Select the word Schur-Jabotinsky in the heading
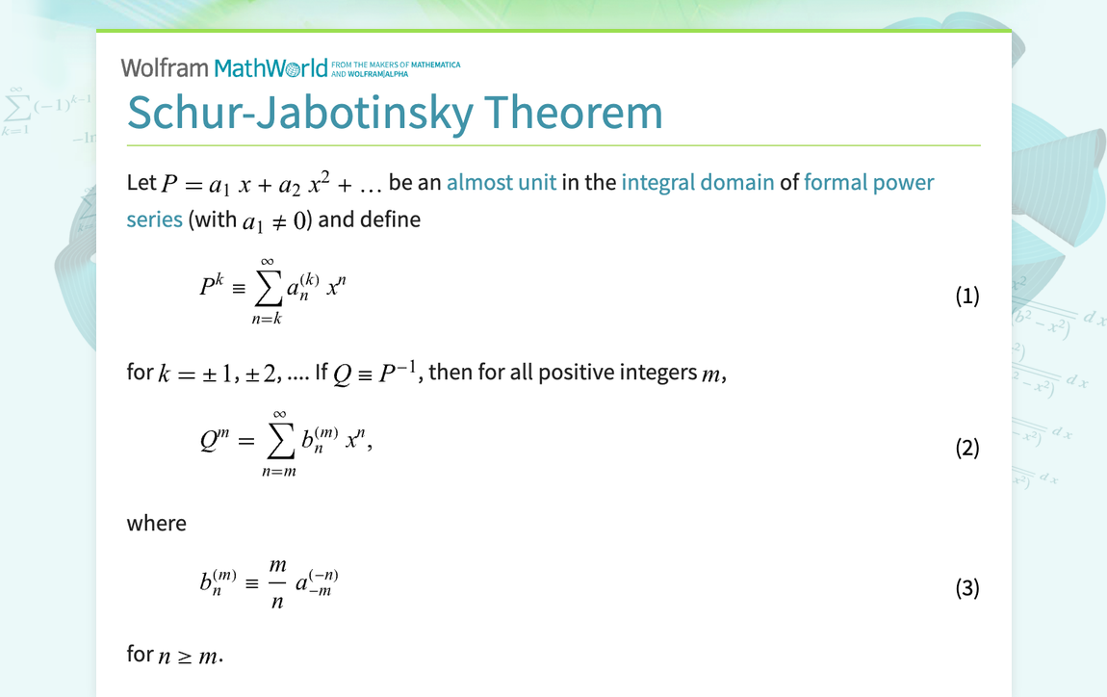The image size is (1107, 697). click(299, 113)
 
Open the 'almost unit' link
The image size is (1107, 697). click(502, 182)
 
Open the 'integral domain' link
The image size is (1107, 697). click(698, 182)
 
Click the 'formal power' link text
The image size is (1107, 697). click(869, 182)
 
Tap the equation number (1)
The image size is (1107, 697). click(966, 296)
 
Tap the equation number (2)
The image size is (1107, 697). click(966, 448)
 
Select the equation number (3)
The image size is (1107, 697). click(966, 587)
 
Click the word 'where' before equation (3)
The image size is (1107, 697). click(156, 523)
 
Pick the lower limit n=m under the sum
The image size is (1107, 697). click(279, 471)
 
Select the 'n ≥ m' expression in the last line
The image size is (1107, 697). click(189, 656)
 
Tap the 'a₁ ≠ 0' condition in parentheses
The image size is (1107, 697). click(274, 220)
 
